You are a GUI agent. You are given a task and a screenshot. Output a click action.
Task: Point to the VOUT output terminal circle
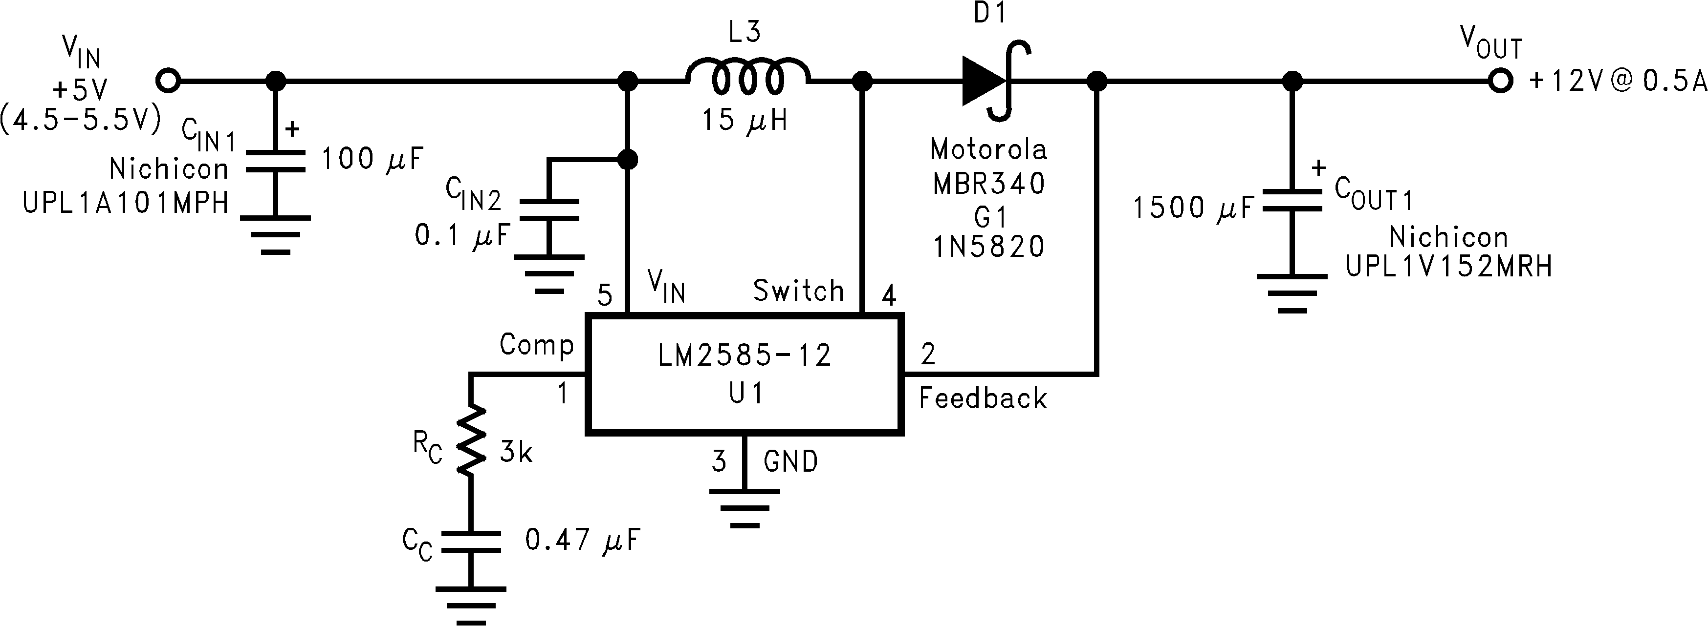pos(1500,82)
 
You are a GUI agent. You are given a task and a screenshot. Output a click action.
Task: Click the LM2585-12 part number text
pos(744,356)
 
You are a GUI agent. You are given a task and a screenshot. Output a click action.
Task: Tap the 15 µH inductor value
pos(744,121)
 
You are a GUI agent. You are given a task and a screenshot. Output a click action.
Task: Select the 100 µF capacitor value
pos(372,160)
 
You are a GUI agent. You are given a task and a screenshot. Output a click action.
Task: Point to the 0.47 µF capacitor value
pos(582,541)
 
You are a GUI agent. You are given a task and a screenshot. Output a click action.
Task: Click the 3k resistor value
pos(516,453)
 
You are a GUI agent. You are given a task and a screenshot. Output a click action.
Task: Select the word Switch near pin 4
pos(798,291)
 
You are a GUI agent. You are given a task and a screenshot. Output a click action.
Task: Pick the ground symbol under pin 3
pos(745,508)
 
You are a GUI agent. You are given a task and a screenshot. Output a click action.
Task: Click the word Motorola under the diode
pos(988,150)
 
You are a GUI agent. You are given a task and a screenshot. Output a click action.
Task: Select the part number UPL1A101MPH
pos(126,203)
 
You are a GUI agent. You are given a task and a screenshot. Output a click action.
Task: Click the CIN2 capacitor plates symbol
pos(549,209)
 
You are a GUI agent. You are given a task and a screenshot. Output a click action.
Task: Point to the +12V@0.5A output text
pos(1617,82)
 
